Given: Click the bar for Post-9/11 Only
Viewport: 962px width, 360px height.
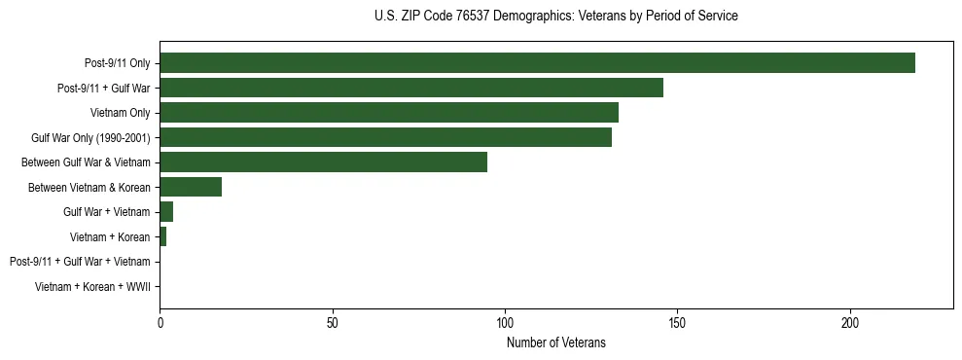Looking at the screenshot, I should tap(537, 63).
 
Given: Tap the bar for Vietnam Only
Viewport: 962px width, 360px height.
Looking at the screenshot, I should tap(389, 113).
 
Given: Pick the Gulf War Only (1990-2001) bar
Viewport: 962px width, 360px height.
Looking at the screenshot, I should tap(385, 137).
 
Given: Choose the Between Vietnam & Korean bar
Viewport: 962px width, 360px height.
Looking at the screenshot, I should tap(191, 187).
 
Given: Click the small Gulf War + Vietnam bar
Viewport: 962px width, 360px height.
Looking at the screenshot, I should tap(166, 212).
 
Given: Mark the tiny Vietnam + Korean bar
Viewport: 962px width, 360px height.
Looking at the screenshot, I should tap(163, 236).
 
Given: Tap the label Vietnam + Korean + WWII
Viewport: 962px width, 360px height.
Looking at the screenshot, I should tap(92, 287).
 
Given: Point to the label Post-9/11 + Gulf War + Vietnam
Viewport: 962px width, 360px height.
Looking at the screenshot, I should tap(80, 262).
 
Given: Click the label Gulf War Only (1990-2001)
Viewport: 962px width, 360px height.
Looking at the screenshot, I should tap(90, 138).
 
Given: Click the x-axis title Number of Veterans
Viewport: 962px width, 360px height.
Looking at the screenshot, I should tap(555, 342).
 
